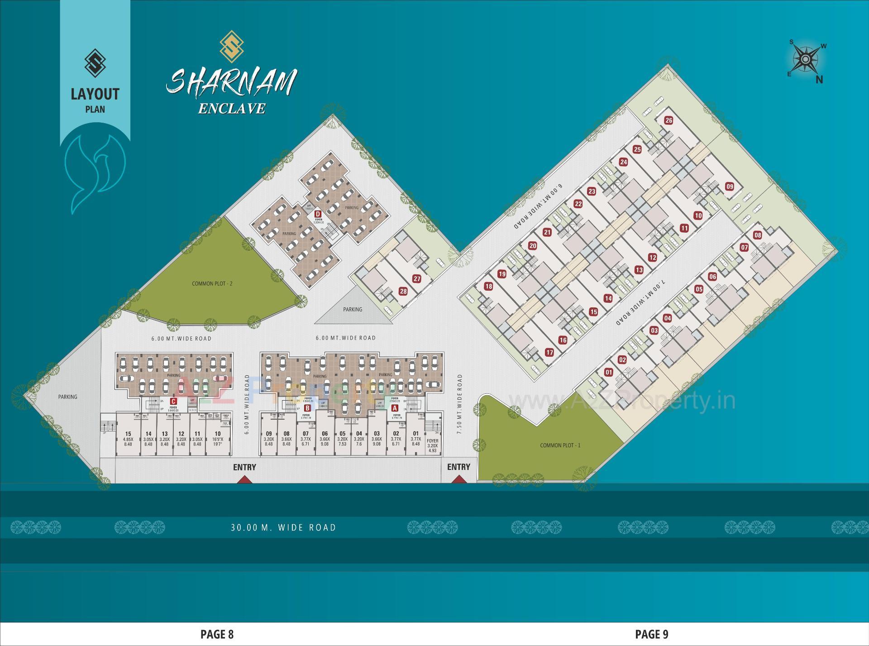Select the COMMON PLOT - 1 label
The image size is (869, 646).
pos(560,445)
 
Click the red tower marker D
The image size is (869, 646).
pos(318,214)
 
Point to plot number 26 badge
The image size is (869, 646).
pos(668,120)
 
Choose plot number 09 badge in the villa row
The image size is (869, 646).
pos(729,187)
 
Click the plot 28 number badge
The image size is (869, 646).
pos(403,292)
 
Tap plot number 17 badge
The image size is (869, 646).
pos(549,353)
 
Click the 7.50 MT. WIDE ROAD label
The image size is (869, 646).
pos(460,404)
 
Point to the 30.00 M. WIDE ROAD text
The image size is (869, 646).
pos(283,527)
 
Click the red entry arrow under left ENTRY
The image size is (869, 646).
pos(245,479)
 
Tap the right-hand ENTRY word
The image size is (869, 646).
pos(458,467)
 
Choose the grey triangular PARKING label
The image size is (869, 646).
pos(353,310)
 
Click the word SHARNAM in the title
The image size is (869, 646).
pos(231,82)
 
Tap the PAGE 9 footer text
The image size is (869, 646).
pos(651,634)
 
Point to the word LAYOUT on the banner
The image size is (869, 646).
pos(95,94)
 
